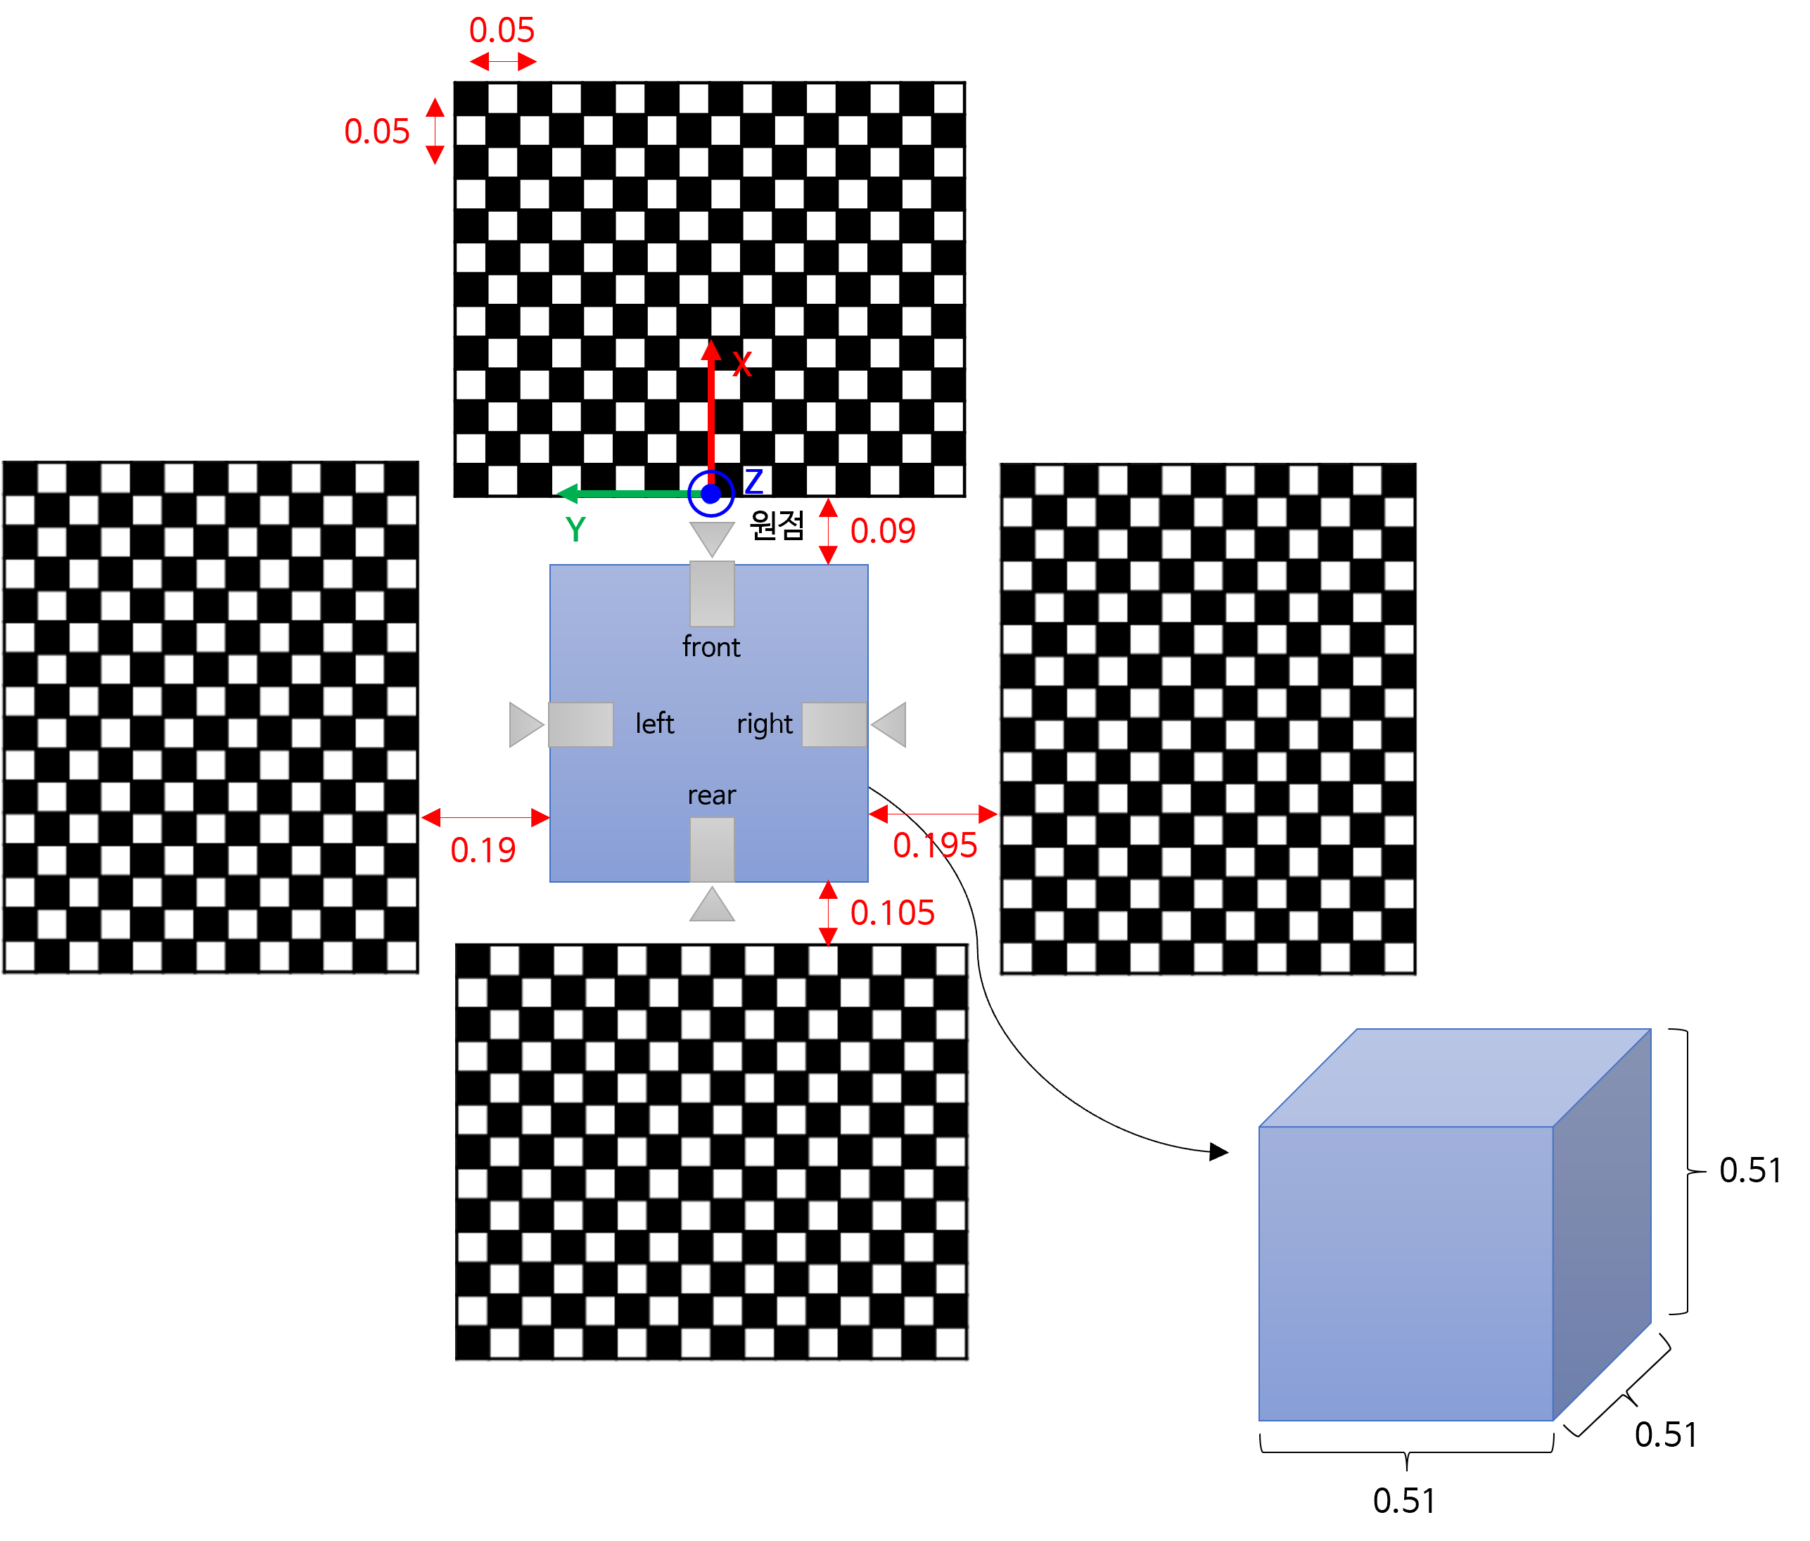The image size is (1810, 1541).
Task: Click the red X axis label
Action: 741,364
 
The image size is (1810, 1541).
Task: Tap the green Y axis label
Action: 575,530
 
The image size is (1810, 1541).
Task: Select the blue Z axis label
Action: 754,481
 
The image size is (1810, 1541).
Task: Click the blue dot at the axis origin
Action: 711,494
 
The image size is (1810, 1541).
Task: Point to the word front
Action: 711,647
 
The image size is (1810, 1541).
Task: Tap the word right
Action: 765,724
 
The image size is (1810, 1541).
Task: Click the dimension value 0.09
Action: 882,531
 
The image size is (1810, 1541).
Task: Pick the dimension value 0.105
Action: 892,913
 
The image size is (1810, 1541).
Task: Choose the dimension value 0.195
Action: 935,845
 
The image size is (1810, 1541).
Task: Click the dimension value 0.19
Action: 483,850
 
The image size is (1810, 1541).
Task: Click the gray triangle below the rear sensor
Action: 712,908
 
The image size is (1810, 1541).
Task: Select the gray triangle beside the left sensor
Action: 524,724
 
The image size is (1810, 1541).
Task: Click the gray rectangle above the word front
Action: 712,594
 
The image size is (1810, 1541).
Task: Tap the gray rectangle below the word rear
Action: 712,849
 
